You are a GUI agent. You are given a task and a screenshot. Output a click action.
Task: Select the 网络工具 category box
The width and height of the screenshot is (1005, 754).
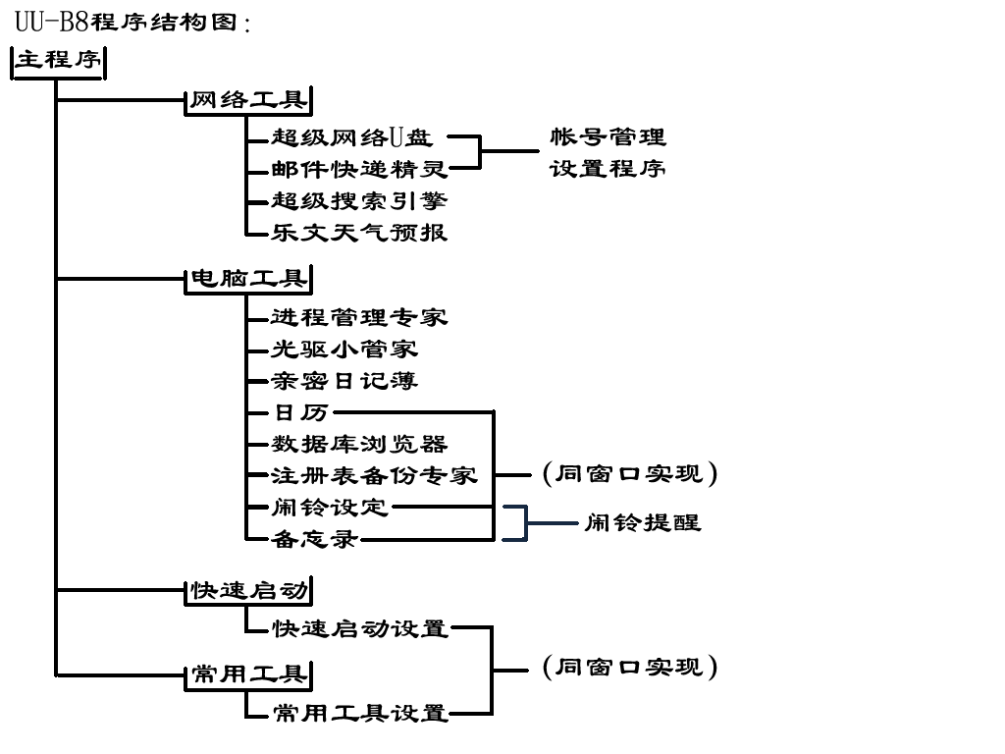(x=248, y=101)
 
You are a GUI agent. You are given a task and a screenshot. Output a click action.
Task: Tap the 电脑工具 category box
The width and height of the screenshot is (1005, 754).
(x=248, y=280)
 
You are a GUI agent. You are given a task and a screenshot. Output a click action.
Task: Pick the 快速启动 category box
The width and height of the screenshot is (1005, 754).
(x=248, y=591)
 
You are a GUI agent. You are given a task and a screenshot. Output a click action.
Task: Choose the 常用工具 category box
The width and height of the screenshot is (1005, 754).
(x=248, y=674)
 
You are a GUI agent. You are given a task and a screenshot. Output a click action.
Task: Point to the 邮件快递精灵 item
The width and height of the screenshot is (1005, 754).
(x=359, y=170)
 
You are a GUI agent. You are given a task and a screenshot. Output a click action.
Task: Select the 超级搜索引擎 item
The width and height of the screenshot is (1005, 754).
(x=359, y=201)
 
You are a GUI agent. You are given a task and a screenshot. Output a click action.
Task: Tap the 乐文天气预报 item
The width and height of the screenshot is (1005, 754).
(x=359, y=233)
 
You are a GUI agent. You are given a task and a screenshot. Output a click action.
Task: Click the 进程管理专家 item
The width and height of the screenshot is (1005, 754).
(x=359, y=317)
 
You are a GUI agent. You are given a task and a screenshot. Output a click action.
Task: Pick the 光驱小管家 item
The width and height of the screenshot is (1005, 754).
(x=344, y=349)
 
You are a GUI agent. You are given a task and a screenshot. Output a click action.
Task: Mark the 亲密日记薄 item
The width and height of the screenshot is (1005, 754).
(x=344, y=381)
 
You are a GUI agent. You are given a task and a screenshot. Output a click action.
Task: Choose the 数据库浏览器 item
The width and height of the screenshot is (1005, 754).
(x=359, y=444)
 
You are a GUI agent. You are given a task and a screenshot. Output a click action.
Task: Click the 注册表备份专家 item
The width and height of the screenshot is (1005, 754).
(x=374, y=475)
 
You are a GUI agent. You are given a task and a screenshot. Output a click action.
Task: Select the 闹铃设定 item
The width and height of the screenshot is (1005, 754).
(x=330, y=508)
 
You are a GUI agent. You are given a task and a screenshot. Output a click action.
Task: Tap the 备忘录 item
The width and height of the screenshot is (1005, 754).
(x=315, y=538)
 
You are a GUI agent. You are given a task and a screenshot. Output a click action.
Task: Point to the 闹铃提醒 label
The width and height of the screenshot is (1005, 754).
(x=643, y=522)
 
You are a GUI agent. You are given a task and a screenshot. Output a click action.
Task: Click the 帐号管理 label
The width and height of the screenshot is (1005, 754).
(x=608, y=137)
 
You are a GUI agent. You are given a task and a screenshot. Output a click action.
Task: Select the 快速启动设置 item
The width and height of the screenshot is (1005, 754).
(x=359, y=627)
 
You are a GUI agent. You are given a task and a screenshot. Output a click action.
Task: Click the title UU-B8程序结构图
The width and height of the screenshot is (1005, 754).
(x=132, y=21)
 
